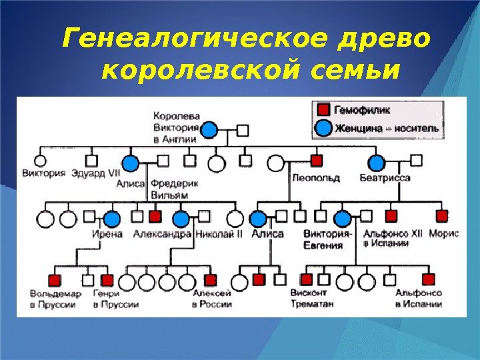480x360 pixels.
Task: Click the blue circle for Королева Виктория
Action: click(209, 130)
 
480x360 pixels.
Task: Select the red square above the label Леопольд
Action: click(317, 161)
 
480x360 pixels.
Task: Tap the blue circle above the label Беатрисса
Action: click(377, 162)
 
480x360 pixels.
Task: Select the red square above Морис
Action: click(441, 216)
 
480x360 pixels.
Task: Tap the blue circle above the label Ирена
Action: click(112, 218)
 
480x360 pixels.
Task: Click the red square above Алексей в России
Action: click(211, 280)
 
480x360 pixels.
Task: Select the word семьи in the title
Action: click(353, 69)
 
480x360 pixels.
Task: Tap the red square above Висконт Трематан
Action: click(307, 280)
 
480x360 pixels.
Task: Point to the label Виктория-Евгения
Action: click(327, 239)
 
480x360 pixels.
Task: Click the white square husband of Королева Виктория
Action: click(243, 130)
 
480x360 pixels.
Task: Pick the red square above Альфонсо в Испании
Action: click(428, 280)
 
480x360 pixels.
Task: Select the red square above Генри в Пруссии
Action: click(107, 280)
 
